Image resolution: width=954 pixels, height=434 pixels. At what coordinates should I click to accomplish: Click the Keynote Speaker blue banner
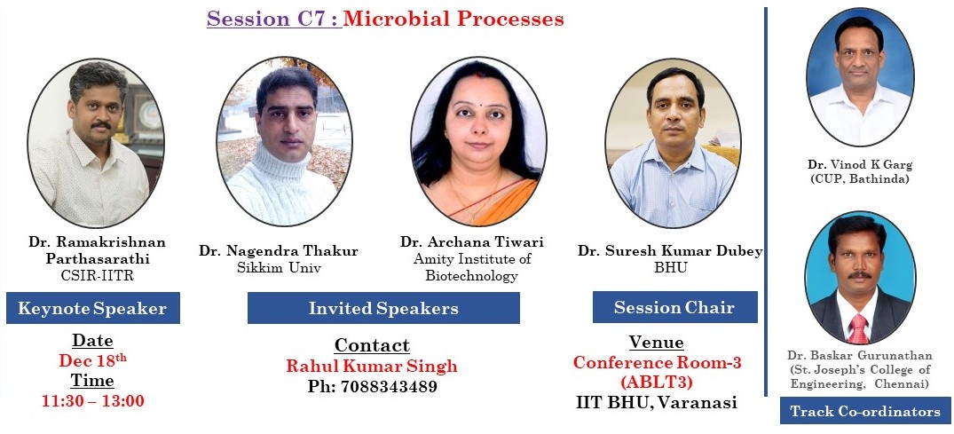point(93,308)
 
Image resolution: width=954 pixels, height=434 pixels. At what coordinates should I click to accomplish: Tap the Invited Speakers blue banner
point(383,308)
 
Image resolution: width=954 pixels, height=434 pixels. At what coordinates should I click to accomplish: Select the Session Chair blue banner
point(674,307)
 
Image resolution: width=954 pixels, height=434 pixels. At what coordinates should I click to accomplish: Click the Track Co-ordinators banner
point(865,412)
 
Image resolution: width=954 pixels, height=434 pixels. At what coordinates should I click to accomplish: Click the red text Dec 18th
point(92,360)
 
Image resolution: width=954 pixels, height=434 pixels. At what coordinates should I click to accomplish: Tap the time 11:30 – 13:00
point(93,401)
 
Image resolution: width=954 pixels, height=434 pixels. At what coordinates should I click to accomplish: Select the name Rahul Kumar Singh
point(372,366)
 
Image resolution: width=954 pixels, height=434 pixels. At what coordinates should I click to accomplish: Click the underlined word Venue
point(656,342)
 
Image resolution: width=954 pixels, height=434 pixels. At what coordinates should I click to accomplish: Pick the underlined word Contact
point(372,345)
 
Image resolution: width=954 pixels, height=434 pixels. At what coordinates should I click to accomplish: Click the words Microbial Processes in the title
point(453,19)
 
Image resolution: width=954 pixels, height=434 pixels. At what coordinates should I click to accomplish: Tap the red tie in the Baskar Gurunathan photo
point(858,328)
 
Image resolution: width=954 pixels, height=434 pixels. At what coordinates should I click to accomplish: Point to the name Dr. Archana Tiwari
point(471,242)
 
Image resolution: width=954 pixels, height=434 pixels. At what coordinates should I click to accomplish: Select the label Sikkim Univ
point(278,268)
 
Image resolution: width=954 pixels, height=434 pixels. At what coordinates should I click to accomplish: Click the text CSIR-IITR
point(98,276)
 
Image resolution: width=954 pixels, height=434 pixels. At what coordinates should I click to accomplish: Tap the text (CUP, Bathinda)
point(860,179)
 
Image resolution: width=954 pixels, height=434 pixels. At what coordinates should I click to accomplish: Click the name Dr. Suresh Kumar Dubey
point(670,251)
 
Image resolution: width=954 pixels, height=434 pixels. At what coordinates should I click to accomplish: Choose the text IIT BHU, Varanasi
point(656,402)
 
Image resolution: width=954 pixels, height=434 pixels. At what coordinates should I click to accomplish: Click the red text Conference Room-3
point(657,362)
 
